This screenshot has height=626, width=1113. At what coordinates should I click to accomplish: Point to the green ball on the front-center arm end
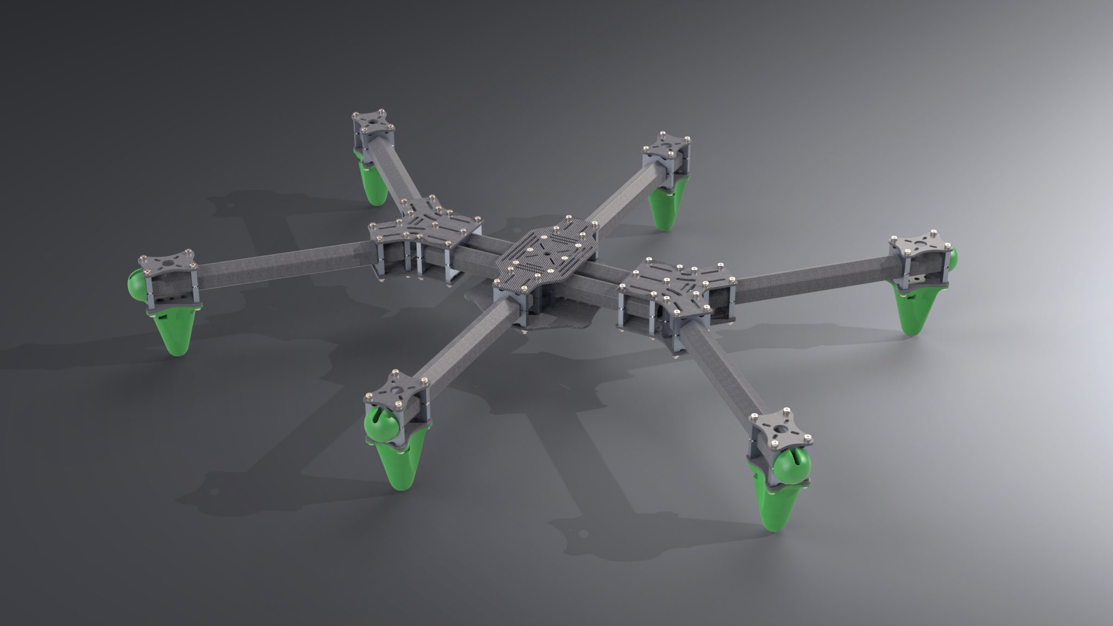pyautogui.click(x=380, y=424)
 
